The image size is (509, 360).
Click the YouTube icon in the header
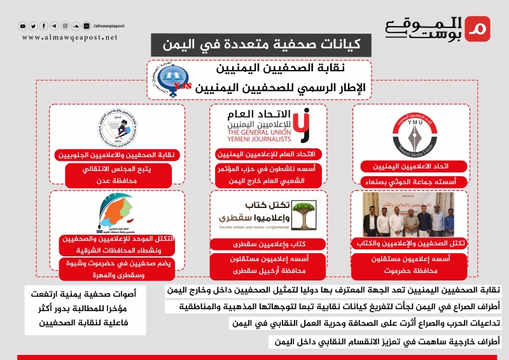(24, 26)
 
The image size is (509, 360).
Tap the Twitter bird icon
(34, 26)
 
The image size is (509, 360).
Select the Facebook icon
(44, 26)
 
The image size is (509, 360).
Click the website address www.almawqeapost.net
(70, 38)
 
